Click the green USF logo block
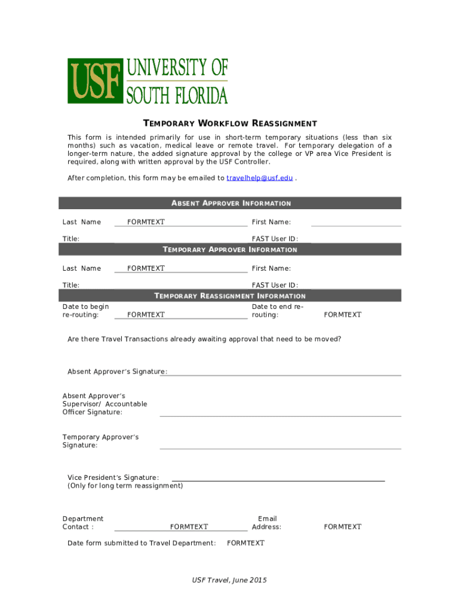click(95, 81)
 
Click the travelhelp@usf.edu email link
click(259, 178)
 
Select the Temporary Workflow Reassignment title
click(230, 124)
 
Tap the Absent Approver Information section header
click(230, 203)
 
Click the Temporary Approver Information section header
click(230, 249)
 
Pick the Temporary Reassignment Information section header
click(230, 296)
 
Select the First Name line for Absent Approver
click(356, 222)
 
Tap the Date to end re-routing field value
click(342, 314)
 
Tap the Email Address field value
click(342, 527)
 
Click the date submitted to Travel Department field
click(246, 543)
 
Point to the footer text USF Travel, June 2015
click(229, 580)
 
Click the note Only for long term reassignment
click(125, 486)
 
